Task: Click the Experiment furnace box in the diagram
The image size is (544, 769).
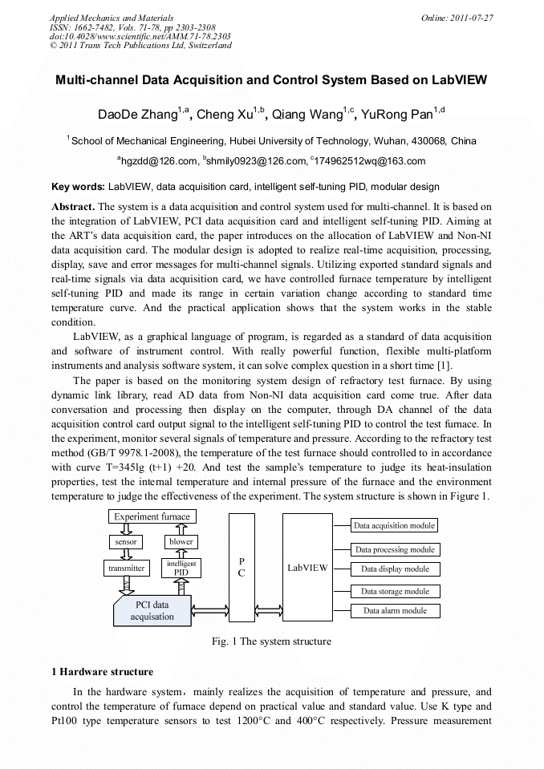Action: click(152, 516)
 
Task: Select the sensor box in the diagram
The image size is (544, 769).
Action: click(125, 542)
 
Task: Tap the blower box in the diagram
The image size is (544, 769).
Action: click(181, 542)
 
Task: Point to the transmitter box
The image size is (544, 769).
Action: click(126, 569)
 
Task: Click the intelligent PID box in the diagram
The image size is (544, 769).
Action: click(181, 569)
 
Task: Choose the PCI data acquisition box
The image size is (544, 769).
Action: click(152, 611)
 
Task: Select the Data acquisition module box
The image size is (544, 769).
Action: click(394, 526)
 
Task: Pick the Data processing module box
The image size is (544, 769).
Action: click(394, 550)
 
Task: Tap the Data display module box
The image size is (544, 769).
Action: click(394, 569)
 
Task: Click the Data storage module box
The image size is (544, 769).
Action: click(394, 592)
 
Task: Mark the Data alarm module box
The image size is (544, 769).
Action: click(394, 611)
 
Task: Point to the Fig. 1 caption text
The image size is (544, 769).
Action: click(271, 642)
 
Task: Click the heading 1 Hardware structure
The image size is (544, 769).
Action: click(102, 671)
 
